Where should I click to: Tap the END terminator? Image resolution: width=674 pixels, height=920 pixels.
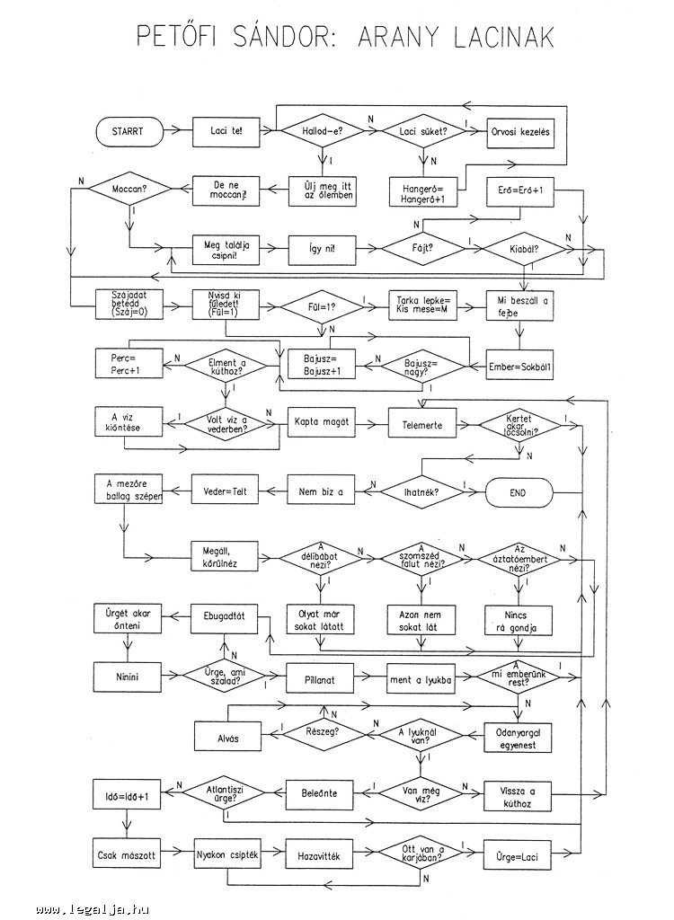(x=518, y=492)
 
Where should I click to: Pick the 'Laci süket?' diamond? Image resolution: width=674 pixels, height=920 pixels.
(x=422, y=131)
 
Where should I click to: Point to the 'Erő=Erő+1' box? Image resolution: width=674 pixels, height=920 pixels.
(x=520, y=190)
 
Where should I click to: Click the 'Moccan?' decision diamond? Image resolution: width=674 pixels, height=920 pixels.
(x=129, y=190)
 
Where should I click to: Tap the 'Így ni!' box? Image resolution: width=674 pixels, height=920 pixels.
(x=320, y=249)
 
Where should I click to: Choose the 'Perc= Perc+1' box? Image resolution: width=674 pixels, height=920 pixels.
(x=129, y=365)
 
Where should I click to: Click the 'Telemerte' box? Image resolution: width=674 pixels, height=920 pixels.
(x=421, y=424)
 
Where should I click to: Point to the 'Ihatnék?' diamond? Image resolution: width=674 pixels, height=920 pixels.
(x=421, y=492)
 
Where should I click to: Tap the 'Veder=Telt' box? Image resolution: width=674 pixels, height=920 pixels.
(x=226, y=492)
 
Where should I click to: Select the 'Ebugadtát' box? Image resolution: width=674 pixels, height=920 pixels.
(x=226, y=617)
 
